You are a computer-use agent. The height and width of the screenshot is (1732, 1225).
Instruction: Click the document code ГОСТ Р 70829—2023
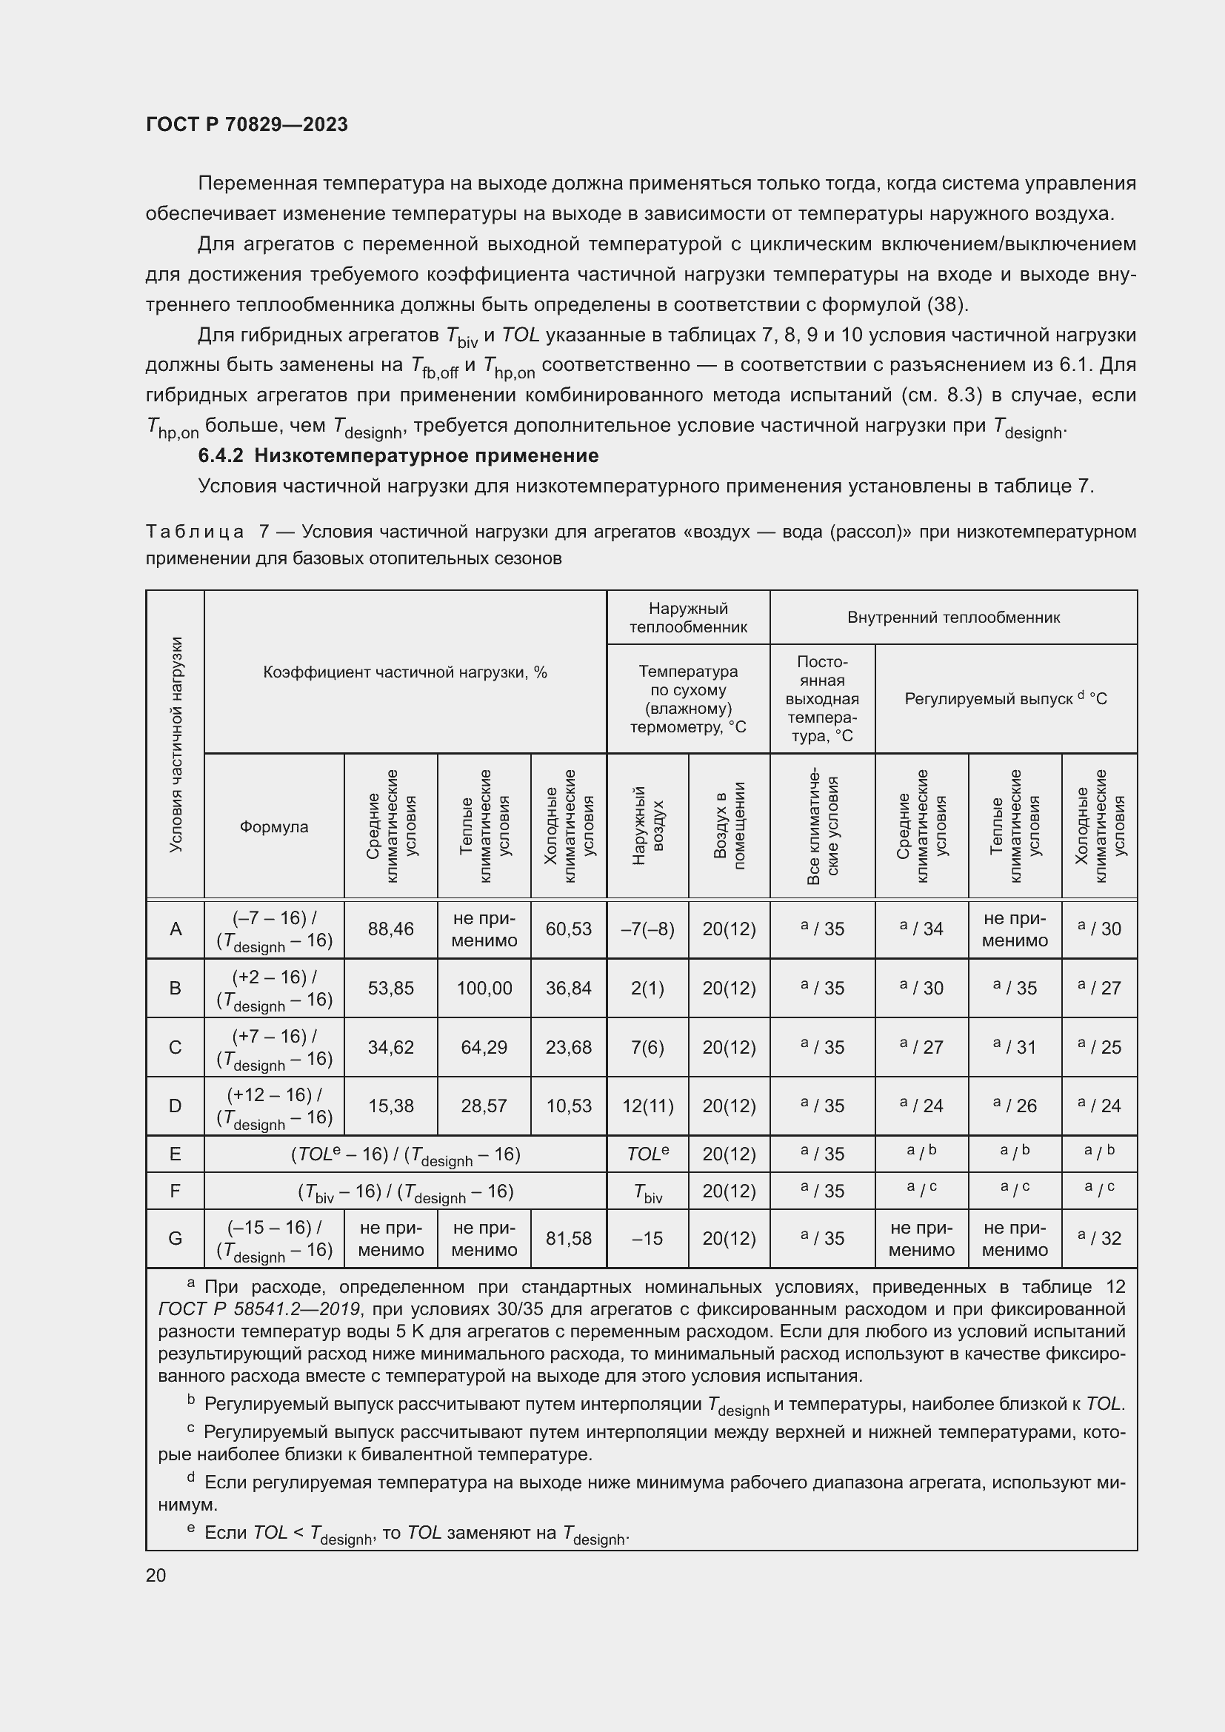click(x=247, y=124)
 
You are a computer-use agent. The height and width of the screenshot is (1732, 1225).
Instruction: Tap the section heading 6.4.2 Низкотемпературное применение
click(x=398, y=455)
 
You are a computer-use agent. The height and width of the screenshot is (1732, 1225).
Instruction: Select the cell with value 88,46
click(x=390, y=929)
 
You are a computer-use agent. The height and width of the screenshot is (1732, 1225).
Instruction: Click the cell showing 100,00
click(x=484, y=989)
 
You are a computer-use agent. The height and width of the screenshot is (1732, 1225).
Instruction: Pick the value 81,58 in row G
click(x=568, y=1239)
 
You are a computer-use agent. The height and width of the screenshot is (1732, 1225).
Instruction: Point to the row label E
click(x=175, y=1154)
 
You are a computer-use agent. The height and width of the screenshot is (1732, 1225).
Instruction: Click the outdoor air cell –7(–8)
click(x=647, y=929)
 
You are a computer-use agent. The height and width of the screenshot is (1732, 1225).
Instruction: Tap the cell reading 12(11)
click(x=647, y=1106)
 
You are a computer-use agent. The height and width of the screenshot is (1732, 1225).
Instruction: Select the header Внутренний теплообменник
click(x=952, y=618)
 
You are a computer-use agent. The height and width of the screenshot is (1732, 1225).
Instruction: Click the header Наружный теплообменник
click(x=688, y=618)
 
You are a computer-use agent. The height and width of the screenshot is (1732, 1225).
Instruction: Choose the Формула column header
click(x=274, y=827)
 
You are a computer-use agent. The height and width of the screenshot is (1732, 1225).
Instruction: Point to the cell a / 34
click(x=921, y=929)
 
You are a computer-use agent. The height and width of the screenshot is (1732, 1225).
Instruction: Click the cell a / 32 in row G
click(x=1099, y=1239)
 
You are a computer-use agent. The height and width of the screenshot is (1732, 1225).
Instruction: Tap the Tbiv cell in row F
click(x=647, y=1192)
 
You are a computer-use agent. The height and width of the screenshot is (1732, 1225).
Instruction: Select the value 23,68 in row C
click(x=568, y=1047)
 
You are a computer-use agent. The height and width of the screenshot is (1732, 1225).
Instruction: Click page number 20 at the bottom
click(x=156, y=1575)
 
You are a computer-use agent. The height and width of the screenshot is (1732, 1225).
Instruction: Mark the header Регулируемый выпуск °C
click(x=1005, y=698)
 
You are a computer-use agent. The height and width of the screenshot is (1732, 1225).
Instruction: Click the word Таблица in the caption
click(x=195, y=532)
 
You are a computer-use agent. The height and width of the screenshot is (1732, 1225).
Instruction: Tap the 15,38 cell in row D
click(x=390, y=1106)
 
